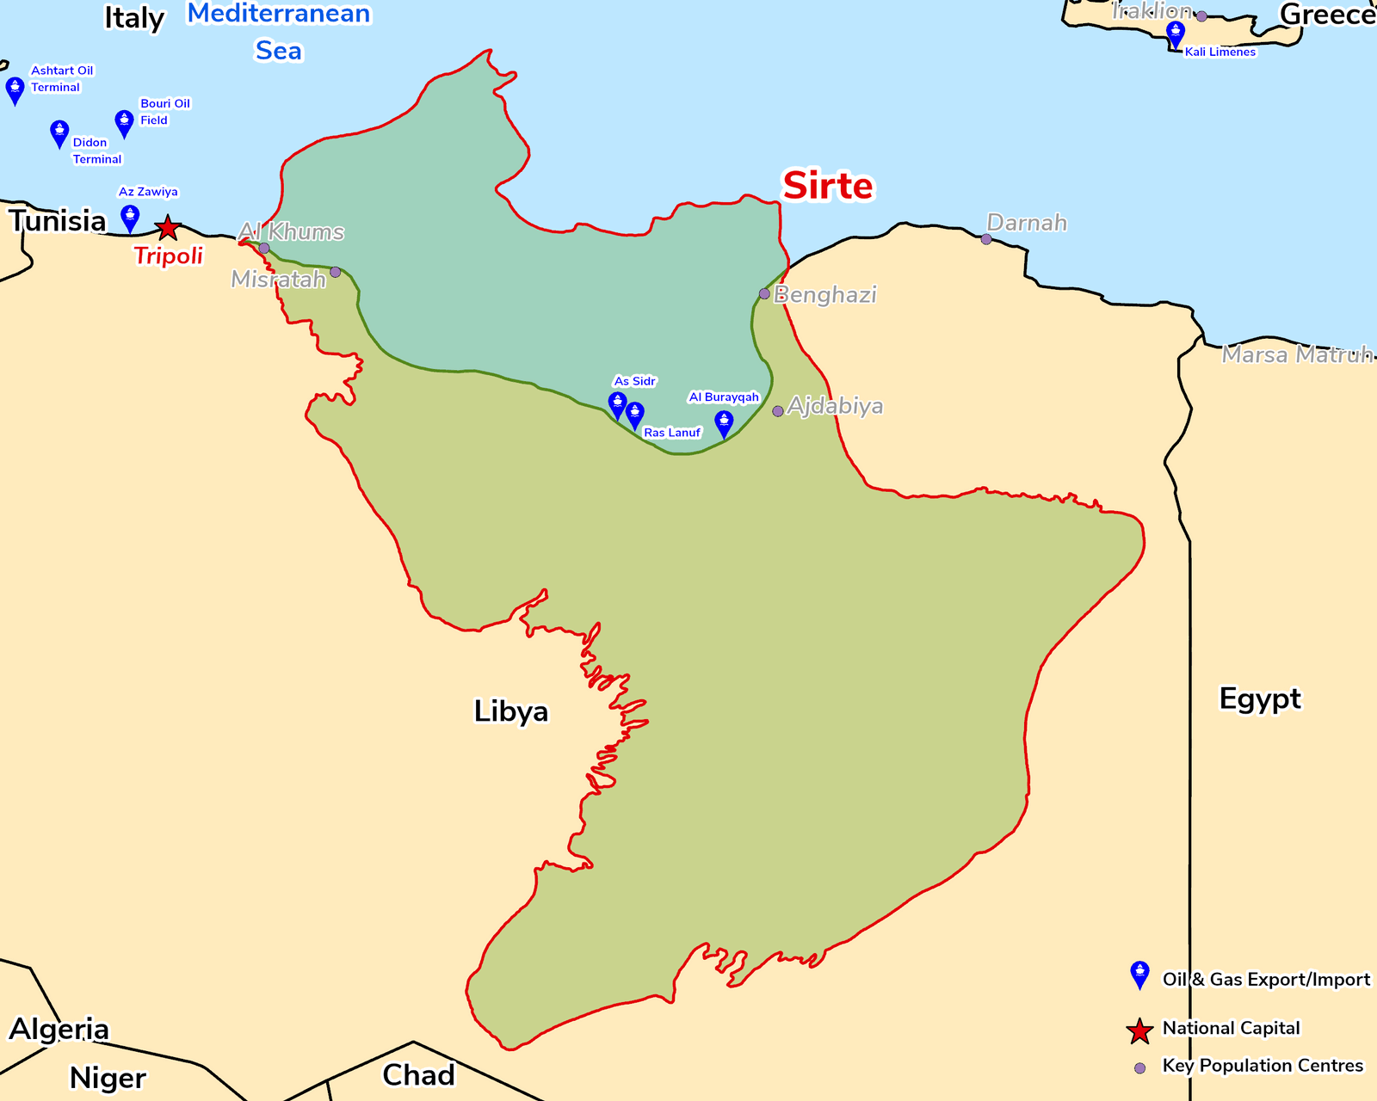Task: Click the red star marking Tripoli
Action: [168, 228]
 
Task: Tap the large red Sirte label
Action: [827, 186]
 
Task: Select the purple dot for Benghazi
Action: [764, 294]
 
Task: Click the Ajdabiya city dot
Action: [778, 411]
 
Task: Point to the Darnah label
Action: [1027, 223]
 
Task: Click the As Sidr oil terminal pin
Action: [617, 404]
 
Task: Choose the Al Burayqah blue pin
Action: [724, 423]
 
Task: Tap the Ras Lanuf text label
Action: [672, 433]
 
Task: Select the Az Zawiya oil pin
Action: [130, 218]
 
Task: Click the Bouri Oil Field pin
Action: [125, 123]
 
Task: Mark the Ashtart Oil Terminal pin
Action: [15, 89]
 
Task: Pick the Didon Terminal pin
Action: [59, 133]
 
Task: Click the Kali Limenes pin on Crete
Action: [1176, 34]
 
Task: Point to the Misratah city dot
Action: [336, 272]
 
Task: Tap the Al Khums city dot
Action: [264, 248]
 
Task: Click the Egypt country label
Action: [1260, 698]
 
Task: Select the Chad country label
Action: [418, 1075]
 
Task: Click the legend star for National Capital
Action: [1140, 1030]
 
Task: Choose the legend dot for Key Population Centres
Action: [1140, 1068]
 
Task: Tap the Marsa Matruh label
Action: [1296, 354]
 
